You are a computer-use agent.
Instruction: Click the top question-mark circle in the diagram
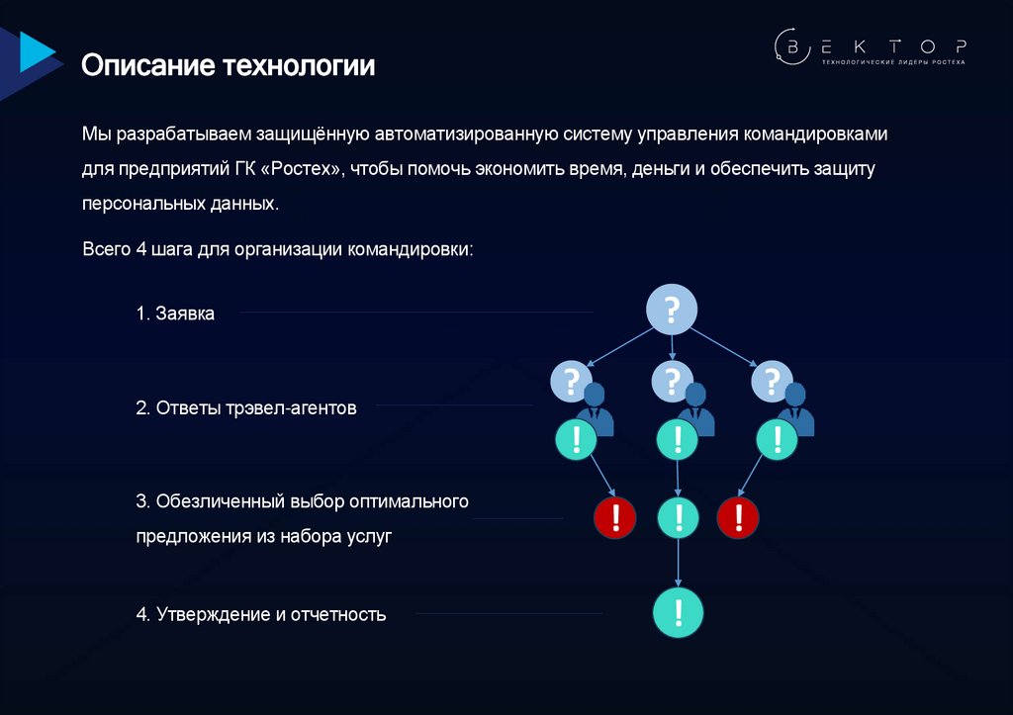(x=672, y=311)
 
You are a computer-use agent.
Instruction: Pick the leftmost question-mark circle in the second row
(x=570, y=380)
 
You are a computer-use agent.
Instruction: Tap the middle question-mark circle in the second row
(x=673, y=380)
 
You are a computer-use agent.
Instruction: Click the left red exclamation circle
(x=615, y=516)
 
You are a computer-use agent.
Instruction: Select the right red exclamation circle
(x=738, y=516)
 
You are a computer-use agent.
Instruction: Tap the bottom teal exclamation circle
(x=678, y=613)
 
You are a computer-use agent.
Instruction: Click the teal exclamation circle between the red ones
(x=678, y=516)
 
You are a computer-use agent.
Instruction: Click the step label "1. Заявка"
(x=175, y=313)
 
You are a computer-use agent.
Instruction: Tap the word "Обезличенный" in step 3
(x=219, y=501)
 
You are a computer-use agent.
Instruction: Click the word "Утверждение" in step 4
(x=213, y=615)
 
